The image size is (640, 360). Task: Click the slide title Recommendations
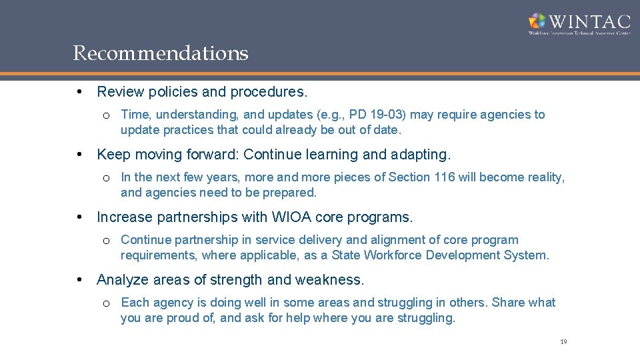pos(161,53)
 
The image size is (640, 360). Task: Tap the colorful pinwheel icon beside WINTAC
pos(537,21)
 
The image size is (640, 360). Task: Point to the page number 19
pos(563,342)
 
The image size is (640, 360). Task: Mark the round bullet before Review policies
pos(79,91)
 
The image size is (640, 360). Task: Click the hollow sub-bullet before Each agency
pos(107,303)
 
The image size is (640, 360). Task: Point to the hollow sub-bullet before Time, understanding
pos(107,115)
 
